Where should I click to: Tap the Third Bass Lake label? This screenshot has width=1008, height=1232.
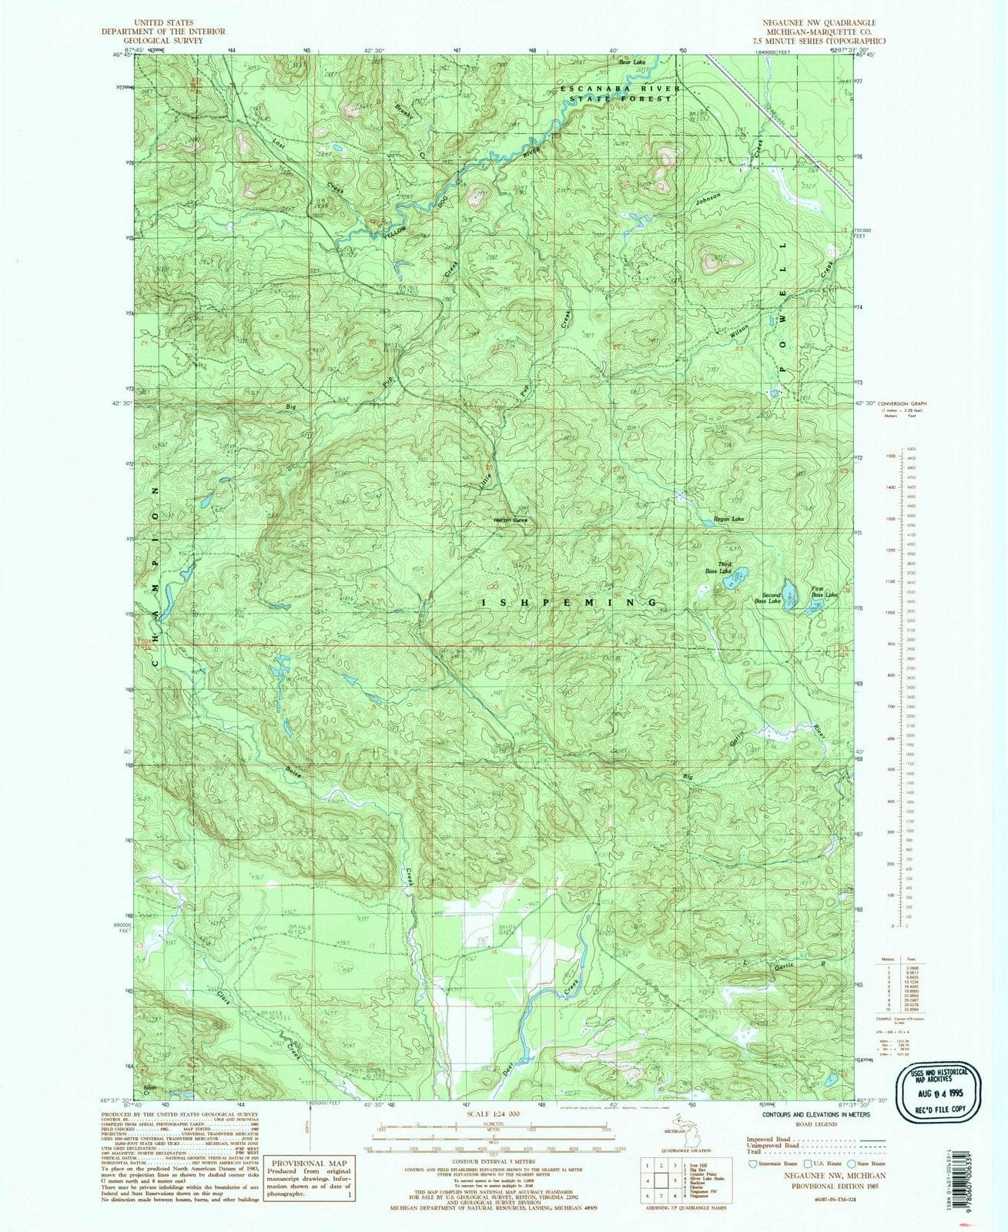pyautogui.click(x=718, y=568)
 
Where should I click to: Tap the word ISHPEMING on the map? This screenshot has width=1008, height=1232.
pyautogui.click(x=571, y=602)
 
